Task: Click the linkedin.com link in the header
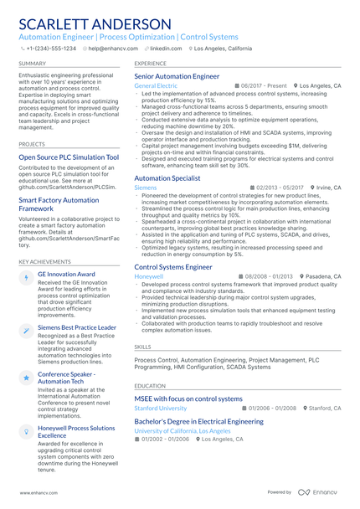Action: [165, 49]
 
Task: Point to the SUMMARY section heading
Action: [33, 63]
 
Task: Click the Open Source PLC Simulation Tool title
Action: [69, 157]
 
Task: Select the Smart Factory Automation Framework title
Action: [59, 205]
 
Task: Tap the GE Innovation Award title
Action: [66, 274]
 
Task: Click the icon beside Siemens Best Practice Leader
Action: [27, 332]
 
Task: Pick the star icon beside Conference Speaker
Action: [27, 378]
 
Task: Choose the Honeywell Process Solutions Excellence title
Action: [76, 432]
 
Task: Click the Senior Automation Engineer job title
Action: [177, 76]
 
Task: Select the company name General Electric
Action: [156, 86]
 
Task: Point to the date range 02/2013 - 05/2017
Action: [280, 188]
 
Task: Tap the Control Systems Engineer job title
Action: [173, 267]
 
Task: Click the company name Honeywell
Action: [148, 276]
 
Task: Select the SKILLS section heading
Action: [143, 346]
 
